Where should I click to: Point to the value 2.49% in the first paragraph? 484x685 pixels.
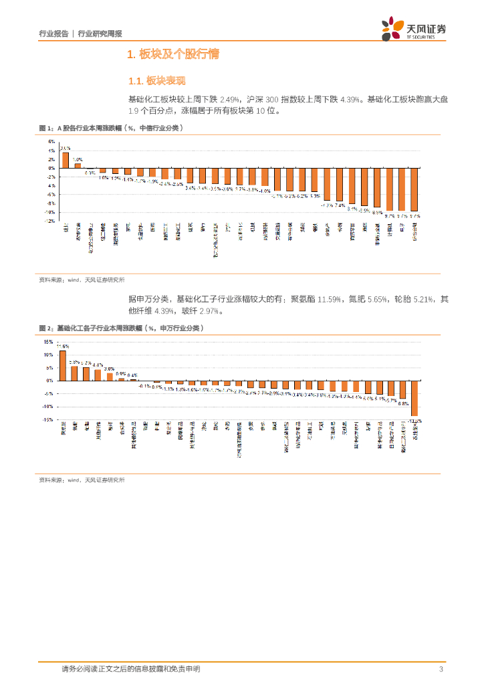click(229, 99)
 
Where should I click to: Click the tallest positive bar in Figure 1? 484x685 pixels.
click(66, 160)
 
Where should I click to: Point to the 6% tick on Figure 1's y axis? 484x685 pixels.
click(50, 142)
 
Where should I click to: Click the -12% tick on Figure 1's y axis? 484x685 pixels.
click(49, 221)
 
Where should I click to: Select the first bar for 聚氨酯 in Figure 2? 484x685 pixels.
click(63, 365)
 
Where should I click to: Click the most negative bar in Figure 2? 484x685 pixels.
click(414, 399)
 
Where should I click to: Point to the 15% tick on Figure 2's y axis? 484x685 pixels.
click(49, 342)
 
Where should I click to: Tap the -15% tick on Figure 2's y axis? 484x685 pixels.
click(48, 420)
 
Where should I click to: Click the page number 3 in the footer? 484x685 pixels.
click(441, 669)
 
